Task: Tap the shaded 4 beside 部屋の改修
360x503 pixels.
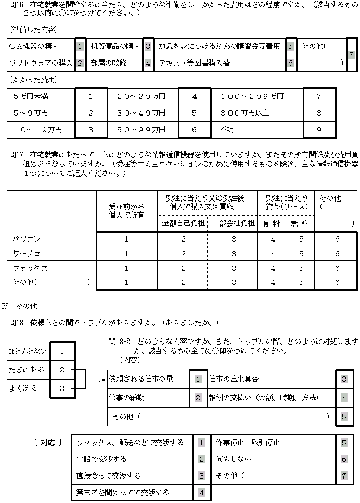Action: tap(148, 63)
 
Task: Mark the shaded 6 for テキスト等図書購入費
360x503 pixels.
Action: tap(291, 63)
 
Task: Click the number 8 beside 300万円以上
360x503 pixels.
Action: tap(319, 113)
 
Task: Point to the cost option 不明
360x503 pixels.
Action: tap(227, 130)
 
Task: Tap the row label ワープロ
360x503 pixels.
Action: tap(27, 254)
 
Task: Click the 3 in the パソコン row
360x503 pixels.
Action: tap(234, 239)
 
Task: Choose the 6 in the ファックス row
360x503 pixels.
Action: tap(337, 268)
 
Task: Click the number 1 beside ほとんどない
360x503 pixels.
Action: tap(62, 351)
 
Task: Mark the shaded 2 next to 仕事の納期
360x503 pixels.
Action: tap(198, 398)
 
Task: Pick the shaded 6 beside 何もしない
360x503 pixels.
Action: tap(343, 459)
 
